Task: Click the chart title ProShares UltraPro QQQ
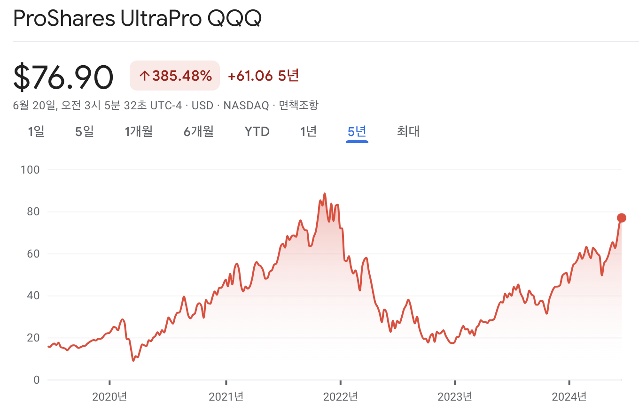pyautogui.click(x=137, y=19)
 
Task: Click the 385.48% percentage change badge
pyautogui.click(x=175, y=76)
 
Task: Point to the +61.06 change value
pyautogui.click(x=250, y=76)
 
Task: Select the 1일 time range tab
pyautogui.click(x=36, y=131)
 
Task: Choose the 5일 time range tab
pyautogui.click(x=85, y=131)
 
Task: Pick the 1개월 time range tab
pyautogui.click(x=139, y=131)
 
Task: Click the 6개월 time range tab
pyautogui.click(x=199, y=131)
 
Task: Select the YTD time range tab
pyautogui.click(x=257, y=131)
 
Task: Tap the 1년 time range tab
pyautogui.click(x=308, y=131)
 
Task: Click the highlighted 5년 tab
pyautogui.click(x=357, y=131)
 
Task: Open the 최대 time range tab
pyautogui.click(x=408, y=131)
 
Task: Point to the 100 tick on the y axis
pyautogui.click(x=30, y=169)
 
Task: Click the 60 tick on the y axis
pyautogui.click(x=32, y=254)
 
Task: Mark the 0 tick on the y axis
pyautogui.click(x=36, y=380)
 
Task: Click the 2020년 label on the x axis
pyautogui.click(x=109, y=397)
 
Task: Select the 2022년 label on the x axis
pyautogui.click(x=341, y=397)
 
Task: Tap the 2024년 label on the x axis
pyautogui.click(x=569, y=397)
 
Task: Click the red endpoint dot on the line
pyautogui.click(x=621, y=218)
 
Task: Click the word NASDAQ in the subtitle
pyautogui.click(x=246, y=105)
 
